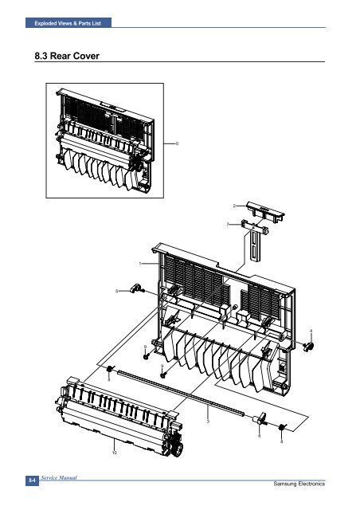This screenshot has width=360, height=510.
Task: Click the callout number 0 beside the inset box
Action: tap(177, 143)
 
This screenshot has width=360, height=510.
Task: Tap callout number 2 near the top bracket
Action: tap(234, 206)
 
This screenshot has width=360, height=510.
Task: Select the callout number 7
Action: tap(228, 225)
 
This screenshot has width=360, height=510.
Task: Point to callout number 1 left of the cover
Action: tap(140, 264)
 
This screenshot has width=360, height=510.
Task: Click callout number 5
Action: tap(117, 291)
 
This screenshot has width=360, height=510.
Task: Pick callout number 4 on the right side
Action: tap(311, 331)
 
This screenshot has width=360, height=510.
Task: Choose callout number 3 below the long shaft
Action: tap(208, 422)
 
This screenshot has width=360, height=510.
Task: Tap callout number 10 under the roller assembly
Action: tap(114, 453)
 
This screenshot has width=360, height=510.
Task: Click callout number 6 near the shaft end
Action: tap(259, 436)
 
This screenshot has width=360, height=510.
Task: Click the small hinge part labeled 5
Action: tap(135, 288)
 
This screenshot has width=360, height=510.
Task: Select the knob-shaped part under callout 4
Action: tap(308, 347)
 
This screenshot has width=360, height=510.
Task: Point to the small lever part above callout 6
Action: tap(260, 418)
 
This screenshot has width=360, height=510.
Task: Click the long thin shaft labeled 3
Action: tap(181, 391)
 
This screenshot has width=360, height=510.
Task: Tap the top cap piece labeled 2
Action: tap(265, 210)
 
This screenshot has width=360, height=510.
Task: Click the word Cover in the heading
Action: tap(86, 56)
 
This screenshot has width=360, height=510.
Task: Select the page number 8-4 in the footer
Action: tap(32, 480)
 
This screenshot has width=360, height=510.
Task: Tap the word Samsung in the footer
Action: tap(285, 484)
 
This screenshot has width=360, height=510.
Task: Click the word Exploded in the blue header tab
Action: tap(45, 23)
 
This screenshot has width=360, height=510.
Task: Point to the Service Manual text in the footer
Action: tap(59, 478)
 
